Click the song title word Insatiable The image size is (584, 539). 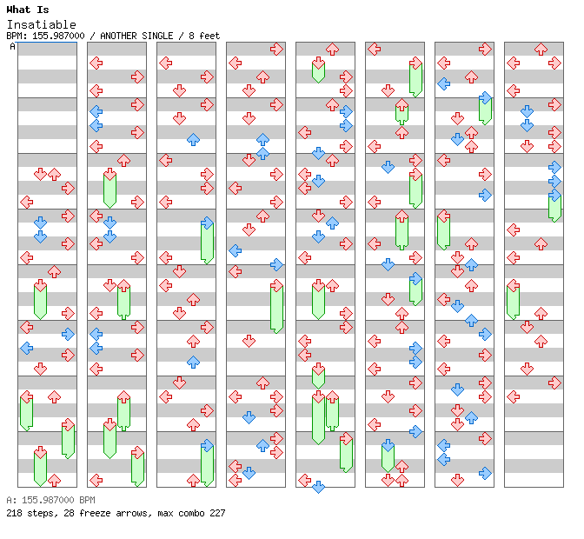pos(42,24)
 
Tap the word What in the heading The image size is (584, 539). pos(18,10)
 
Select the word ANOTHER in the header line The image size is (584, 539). pos(118,36)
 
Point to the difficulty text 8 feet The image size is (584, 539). pos(204,36)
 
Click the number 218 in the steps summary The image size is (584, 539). pos(14,513)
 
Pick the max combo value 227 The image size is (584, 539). pos(217,513)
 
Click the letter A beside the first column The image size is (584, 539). pos(12,47)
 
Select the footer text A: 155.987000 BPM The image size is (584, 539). pos(50,500)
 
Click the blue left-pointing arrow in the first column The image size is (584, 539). pos(27,349)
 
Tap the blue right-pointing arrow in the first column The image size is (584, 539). pos(68,334)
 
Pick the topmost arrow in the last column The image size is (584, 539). pos(541,49)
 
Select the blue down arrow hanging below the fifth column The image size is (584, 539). pos(318,487)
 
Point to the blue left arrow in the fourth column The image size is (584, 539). pos(235,250)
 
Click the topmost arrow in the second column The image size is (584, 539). pos(96,63)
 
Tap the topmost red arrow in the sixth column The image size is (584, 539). pos(375,49)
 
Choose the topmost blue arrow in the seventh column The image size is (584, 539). pos(443,83)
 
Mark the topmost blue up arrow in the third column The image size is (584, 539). pos(193,140)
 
